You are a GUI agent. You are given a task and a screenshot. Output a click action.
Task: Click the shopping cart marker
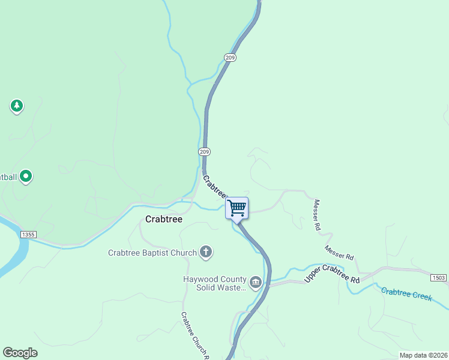pyautogui.click(x=237, y=208)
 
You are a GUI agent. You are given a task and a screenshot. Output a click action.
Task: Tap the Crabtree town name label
pyautogui.click(x=164, y=220)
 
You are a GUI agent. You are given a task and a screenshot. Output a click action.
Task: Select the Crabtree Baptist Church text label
pyautogui.click(x=152, y=253)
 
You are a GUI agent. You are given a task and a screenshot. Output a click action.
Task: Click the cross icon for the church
pyautogui.click(x=206, y=252)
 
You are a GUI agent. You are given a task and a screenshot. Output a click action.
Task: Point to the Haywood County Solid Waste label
pyautogui.click(x=215, y=283)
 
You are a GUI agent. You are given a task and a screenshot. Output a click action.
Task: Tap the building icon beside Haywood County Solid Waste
pyautogui.click(x=256, y=283)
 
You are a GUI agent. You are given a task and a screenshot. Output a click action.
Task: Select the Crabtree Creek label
pyautogui.click(x=406, y=295)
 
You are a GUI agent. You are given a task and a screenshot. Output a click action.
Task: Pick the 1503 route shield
pyautogui.click(x=439, y=277)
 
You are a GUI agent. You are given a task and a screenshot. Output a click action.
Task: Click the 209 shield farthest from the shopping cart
pyautogui.click(x=231, y=58)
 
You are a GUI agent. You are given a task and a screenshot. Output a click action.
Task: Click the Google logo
pyautogui.click(x=20, y=352)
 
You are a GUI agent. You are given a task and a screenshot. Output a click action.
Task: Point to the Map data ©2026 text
pyautogui.click(x=423, y=355)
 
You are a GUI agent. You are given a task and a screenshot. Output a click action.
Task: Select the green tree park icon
pyautogui.click(x=17, y=107)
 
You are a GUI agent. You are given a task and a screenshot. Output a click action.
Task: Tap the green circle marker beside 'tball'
pyautogui.click(x=26, y=177)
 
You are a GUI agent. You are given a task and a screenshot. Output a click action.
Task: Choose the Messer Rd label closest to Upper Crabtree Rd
pyautogui.click(x=339, y=252)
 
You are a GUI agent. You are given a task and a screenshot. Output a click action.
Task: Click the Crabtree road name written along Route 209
pyautogui.click(x=214, y=186)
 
